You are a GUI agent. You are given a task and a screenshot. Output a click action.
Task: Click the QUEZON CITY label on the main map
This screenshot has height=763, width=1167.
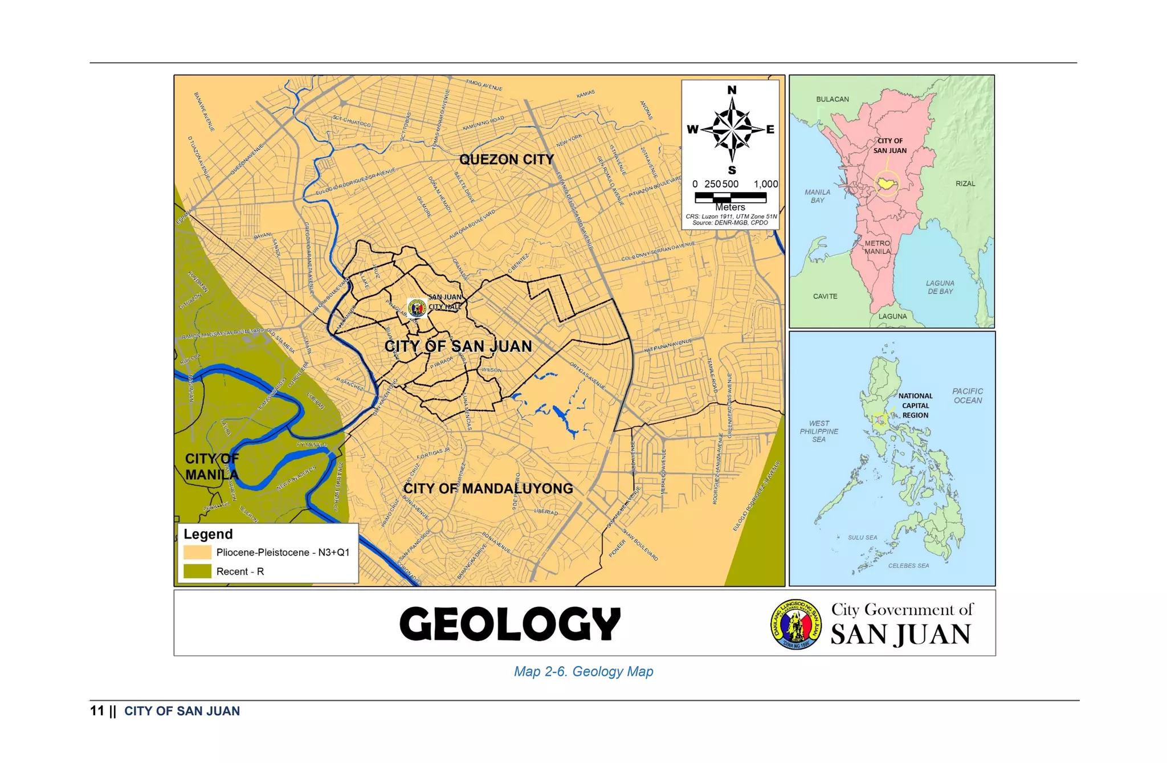pos(506,160)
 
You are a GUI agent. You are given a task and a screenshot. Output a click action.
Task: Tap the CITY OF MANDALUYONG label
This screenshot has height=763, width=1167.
pos(488,488)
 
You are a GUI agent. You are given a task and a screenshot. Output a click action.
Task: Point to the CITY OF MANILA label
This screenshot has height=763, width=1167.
pos(211,467)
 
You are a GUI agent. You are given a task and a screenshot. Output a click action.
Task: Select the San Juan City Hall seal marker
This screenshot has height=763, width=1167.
pos(417,308)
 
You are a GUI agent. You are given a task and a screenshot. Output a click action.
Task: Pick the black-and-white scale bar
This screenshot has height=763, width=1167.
pos(731,197)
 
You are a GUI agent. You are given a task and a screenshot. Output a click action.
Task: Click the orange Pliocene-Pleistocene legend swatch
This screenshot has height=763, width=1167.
pos(197,552)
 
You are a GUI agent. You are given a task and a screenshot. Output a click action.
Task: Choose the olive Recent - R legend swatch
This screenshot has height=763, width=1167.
pos(197,571)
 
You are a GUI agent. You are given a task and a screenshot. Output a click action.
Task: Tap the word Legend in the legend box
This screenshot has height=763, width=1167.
pos(208,534)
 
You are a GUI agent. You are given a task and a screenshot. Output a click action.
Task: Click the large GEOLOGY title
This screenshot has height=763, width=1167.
pos(510,623)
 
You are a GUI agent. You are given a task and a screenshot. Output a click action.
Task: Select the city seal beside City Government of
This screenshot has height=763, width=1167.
pos(796,625)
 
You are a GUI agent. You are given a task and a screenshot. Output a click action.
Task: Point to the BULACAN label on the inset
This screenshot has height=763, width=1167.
pos(832,99)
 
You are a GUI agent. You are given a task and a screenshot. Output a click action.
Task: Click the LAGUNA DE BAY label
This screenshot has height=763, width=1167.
pos(940,287)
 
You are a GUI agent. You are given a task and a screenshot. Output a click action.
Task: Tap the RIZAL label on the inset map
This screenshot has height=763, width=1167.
pos(965,183)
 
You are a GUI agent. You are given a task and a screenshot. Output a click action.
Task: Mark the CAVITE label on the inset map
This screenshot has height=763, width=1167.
pos(825,296)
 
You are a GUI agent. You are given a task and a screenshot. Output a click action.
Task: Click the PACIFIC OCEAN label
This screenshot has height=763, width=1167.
pos(967,396)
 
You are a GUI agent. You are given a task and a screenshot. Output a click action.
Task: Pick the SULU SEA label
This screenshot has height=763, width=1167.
pos(862,537)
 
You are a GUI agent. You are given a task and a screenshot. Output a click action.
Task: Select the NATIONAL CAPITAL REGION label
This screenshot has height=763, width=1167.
pos(915,406)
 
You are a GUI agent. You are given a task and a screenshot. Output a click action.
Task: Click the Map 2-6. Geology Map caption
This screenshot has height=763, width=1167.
pos(583,671)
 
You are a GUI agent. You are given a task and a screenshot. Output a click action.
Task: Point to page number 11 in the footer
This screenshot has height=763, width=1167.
pos(97,711)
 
